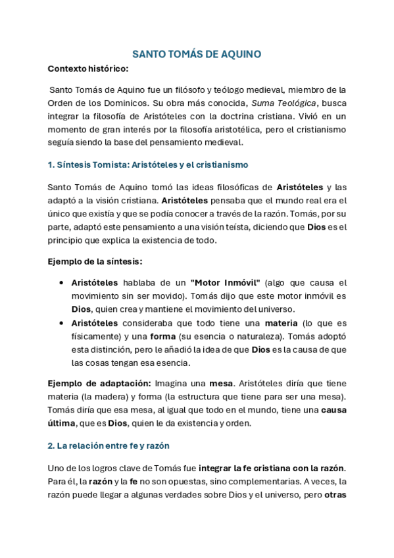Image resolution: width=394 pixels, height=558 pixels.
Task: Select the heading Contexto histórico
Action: (x=88, y=68)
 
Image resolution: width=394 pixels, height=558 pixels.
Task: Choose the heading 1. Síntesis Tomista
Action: (x=148, y=164)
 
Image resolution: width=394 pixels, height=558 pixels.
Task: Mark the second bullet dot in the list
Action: (x=61, y=323)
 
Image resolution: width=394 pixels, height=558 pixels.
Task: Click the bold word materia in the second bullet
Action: (x=281, y=323)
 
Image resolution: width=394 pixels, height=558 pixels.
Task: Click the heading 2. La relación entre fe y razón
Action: (x=109, y=445)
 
